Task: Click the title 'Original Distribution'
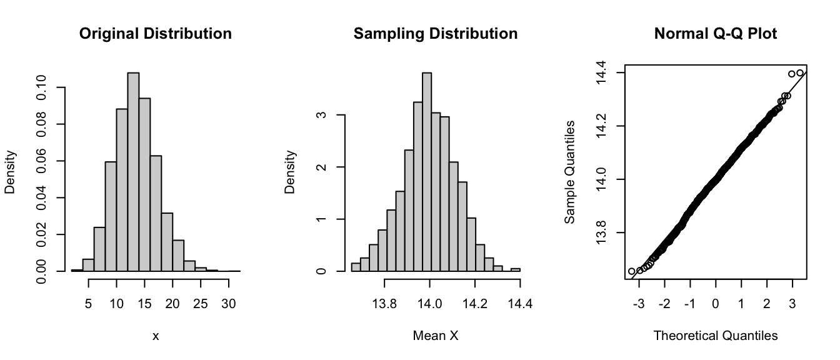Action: pyautogui.click(x=156, y=34)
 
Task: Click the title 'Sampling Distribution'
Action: pyautogui.click(x=436, y=34)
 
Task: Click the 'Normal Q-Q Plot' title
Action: pyautogui.click(x=716, y=34)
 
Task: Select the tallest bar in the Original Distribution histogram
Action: pyautogui.click(x=133, y=172)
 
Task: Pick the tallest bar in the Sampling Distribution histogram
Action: pyautogui.click(x=427, y=172)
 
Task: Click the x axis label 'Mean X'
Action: pyautogui.click(x=436, y=336)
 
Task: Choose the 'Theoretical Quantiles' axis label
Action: pyautogui.click(x=716, y=336)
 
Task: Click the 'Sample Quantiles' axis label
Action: pyautogui.click(x=570, y=172)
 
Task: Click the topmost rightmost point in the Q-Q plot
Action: pyautogui.click(x=800, y=73)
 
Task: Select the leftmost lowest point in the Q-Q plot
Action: pyautogui.click(x=631, y=271)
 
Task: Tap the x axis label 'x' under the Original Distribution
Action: pyautogui.click(x=156, y=336)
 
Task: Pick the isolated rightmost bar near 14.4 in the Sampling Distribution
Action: pyautogui.click(x=516, y=269)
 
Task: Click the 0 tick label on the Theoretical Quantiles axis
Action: pyautogui.click(x=716, y=304)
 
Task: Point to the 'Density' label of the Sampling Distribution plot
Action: pyautogui.click(x=290, y=172)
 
